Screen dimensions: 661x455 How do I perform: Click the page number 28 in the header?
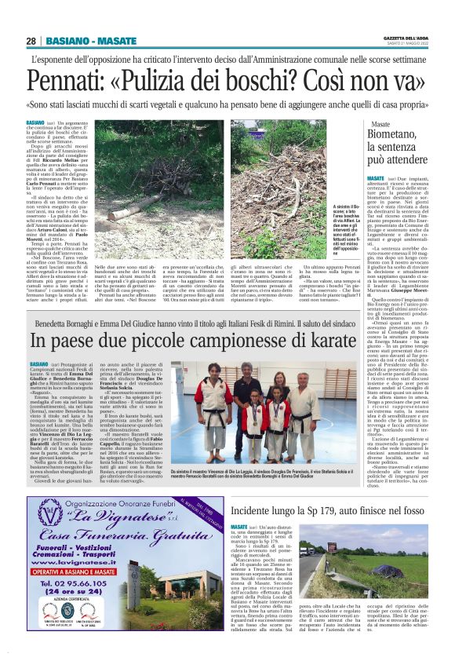tap(31, 40)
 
